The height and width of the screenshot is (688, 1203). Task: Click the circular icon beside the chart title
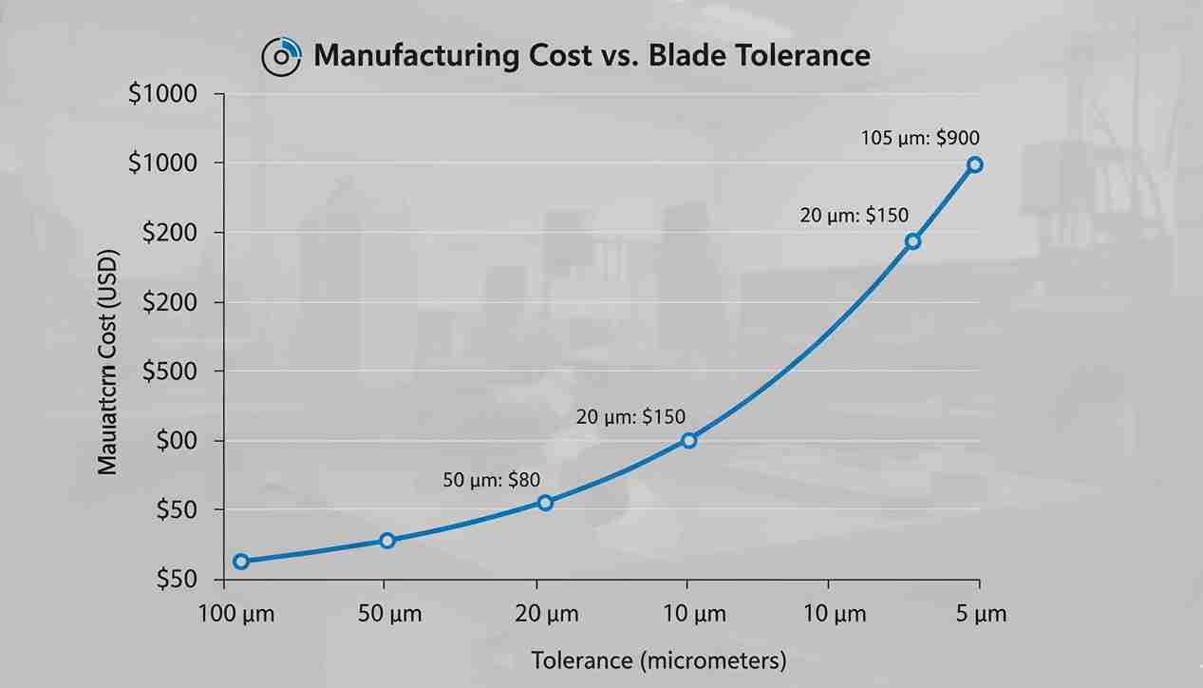point(281,56)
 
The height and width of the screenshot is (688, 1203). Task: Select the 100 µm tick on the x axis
point(236,614)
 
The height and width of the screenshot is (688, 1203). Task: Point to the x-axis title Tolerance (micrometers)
point(658,660)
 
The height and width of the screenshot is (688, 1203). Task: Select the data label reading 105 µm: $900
point(919,138)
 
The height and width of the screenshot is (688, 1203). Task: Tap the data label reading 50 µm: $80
point(491,480)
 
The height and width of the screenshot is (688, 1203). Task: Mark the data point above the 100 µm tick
point(241,562)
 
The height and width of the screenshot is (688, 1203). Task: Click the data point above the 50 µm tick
point(387,541)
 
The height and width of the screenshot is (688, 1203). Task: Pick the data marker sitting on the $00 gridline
point(689,440)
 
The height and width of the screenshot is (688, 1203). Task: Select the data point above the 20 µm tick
point(545,503)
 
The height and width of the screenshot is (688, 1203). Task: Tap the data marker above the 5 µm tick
point(974,164)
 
